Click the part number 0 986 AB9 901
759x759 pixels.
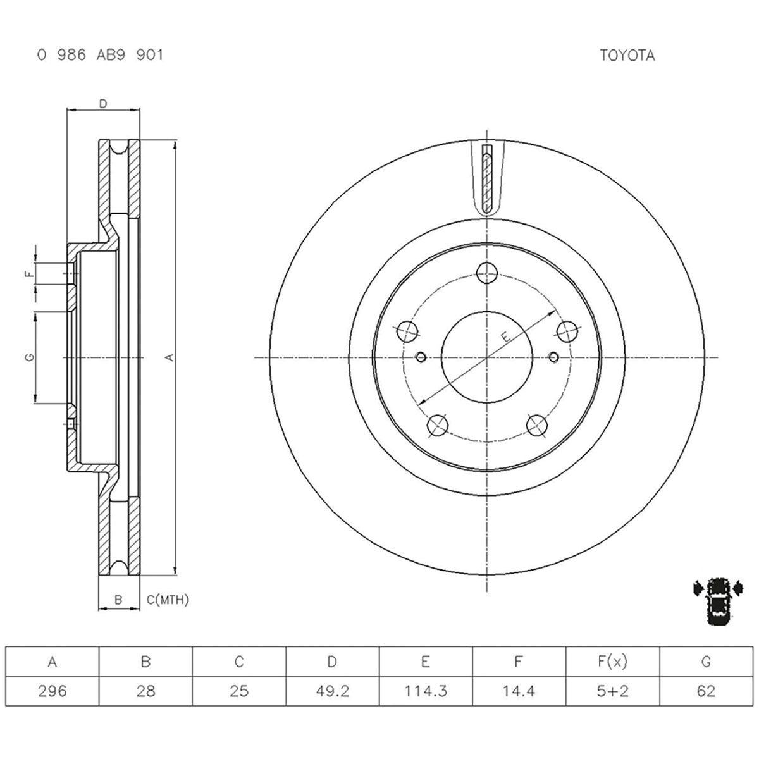click(100, 56)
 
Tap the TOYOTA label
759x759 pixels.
click(627, 56)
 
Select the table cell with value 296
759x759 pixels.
click(52, 691)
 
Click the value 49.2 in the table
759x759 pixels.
click(332, 691)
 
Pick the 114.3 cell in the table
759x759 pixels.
click(426, 691)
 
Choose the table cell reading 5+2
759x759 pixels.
click(612, 691)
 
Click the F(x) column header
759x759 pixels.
click(612, 662)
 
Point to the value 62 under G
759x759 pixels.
click(705, 691)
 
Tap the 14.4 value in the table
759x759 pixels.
click(519, 691)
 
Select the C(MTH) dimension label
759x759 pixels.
click(168, 600)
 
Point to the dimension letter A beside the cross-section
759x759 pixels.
click(169, 358)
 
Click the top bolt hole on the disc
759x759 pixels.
click(486, 273)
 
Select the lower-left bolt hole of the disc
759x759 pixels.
click(437, 426)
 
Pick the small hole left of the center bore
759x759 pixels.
click(420, 357)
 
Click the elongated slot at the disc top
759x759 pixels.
click(486, 178)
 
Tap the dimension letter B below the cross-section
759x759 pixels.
click(118, 600)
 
